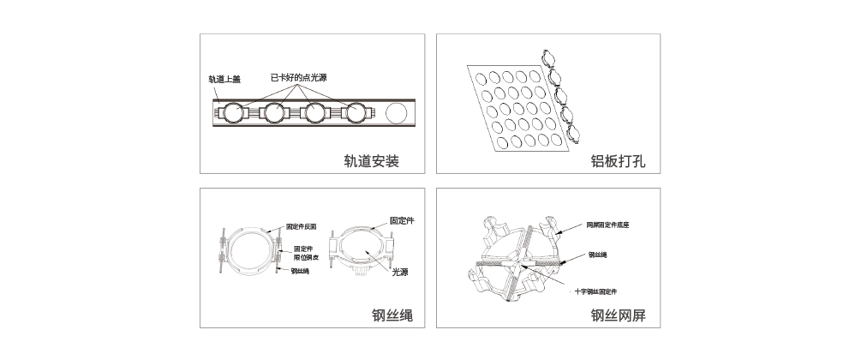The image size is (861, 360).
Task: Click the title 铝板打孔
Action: [618, 160]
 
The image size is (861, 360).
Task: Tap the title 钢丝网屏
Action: [618, 315]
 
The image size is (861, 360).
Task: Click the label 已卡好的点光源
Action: [298, 77]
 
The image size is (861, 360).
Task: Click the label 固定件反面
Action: [302, 227]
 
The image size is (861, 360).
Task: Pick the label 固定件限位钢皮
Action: [306, 253]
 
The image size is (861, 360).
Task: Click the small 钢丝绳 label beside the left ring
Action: [300, 272]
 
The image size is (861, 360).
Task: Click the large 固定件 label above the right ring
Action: [402, 221]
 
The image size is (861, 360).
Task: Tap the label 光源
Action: [399, 273]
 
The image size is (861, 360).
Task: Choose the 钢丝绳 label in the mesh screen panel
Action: [598, 255]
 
